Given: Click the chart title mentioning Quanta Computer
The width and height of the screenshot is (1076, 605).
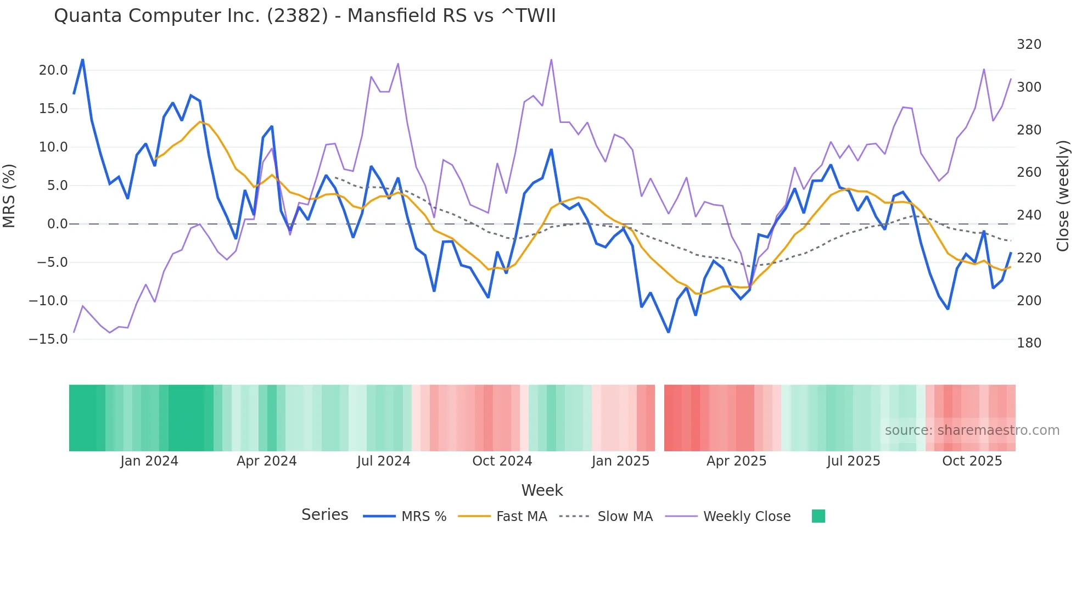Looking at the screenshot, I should [x=305, y=16].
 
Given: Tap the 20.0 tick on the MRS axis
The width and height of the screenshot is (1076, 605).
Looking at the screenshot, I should [x=53, y=70].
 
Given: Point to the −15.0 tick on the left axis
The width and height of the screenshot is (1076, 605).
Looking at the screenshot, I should [x=48, y=339].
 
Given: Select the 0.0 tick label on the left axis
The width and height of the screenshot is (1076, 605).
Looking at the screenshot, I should [x=57, y=224].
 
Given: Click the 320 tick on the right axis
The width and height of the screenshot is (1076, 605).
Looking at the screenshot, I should [x=1029, y=44].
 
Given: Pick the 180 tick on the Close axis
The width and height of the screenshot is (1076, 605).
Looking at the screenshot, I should [x=1029, y=343].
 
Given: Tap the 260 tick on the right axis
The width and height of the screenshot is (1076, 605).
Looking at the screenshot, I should [x=1029, y=172].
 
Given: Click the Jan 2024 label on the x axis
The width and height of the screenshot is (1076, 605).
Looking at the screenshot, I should [x=149, y=461].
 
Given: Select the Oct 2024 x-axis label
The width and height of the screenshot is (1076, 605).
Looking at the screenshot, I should [x=502, y=461].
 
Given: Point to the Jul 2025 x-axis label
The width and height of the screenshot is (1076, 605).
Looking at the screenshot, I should [x=853, y=461].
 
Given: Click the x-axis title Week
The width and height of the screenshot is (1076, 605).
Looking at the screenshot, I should [x=542, y=490].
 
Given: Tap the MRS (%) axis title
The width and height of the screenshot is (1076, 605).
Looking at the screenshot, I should [x=9, y=196].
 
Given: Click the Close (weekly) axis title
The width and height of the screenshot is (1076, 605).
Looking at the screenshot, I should [x=1063, y=196].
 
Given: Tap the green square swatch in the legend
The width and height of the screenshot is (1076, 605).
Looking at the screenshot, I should [x=818, y=516].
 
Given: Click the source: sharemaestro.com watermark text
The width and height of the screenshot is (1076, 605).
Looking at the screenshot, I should [x=972, y=430].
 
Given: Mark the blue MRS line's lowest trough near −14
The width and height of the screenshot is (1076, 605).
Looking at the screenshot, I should [x=668, y=332].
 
